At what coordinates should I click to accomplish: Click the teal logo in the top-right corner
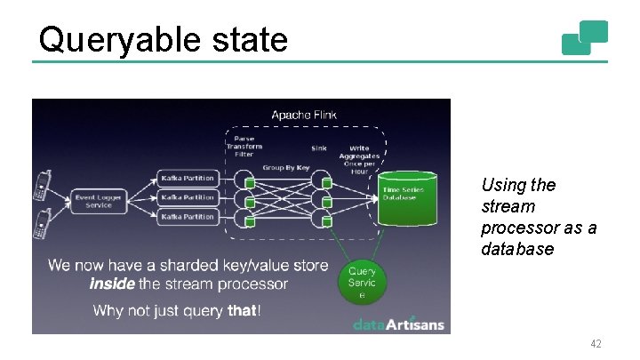[x=584, y=37]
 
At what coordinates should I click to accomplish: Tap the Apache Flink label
[x=304, y=115]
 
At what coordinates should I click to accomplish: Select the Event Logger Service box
[x=99, y=201]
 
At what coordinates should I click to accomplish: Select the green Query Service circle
[x=362, y=282]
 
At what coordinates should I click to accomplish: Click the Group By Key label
[x=285, y=167]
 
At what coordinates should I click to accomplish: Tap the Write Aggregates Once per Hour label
[x=360, y=157]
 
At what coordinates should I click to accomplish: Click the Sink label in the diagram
[x=318, y=148]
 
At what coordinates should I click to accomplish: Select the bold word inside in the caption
[x=112, y=284]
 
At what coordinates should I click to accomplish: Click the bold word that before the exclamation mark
[x=242, y=310]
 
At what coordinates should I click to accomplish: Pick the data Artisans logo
[x=397, y=324]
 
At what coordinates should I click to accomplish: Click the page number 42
[x=595, y=342]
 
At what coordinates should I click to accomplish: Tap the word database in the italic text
[x=517, y=249]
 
